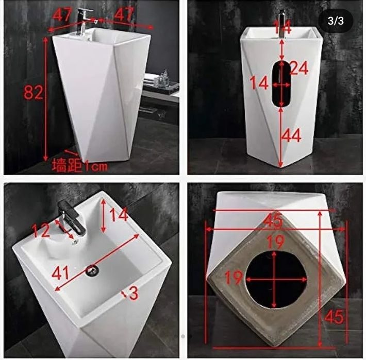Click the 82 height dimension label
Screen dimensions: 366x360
(x=34, y=92)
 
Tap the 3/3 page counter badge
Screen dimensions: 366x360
(x=336, y=21)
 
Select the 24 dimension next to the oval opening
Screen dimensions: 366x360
(x=299, y=68)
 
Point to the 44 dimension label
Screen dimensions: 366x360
(x=292, y=135)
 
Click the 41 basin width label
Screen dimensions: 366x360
(x=60, y=273)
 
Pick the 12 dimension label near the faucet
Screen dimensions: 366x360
(x=41, y=230)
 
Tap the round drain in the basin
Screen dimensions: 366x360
(x=93, y=270)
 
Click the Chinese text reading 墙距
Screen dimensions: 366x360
(x=67, y=165)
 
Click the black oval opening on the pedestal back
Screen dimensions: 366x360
(x=282, y=84)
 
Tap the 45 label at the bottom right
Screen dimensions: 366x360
(x=334, y=317)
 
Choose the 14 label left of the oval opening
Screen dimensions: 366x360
(x=259, y=83)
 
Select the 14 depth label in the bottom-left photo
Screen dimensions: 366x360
(x=119, y=214)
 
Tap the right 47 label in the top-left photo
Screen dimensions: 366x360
(x=124, y=14)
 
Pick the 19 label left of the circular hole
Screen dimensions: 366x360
(x=234, y=278)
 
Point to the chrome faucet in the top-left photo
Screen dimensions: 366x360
(x=84, y=22)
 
